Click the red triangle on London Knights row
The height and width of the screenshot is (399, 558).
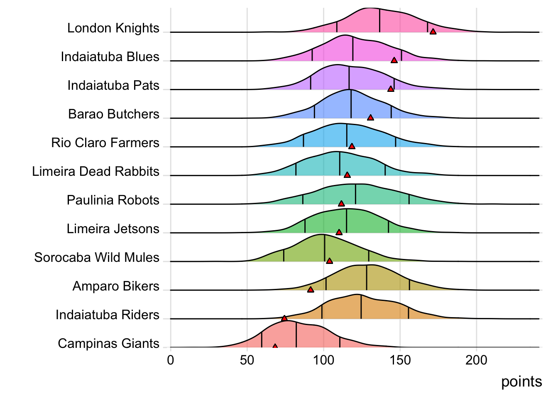point(433,32)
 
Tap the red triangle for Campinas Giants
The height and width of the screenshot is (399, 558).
point(275,346)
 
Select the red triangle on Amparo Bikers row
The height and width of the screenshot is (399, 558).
point(311,289)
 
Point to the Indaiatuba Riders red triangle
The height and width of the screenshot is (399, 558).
point(284,318)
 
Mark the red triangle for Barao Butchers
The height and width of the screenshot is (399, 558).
point(370,118)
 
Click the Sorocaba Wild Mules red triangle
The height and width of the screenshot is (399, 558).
point(330,261)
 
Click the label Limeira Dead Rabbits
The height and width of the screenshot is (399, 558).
point(95,171)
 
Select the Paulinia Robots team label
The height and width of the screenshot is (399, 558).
point(113,200)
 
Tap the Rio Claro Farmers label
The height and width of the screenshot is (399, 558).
point(105,143)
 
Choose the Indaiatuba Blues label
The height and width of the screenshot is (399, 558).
point(110,57)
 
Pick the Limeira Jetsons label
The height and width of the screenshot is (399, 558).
point(113,229)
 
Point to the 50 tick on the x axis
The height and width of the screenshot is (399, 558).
point(247,360)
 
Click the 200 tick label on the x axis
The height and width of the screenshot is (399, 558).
point(476,360)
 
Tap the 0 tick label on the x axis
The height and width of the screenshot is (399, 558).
point(171,360)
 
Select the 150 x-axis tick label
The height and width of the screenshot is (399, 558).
point(400,360)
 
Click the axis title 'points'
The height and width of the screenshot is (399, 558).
point(521,382)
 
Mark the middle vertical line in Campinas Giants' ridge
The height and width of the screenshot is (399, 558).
point(296,335)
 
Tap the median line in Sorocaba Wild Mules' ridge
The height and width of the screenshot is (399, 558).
point(324,248)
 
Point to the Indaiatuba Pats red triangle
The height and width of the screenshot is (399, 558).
point(391,89)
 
